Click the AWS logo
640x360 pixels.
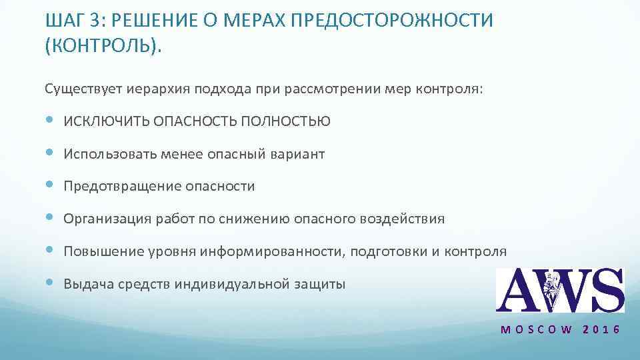[560, 291]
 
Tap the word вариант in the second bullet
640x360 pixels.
[298, 154]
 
